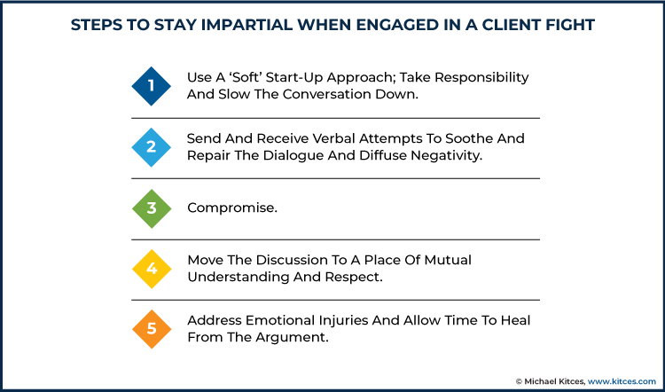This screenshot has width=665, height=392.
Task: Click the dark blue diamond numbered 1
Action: coord(152,86)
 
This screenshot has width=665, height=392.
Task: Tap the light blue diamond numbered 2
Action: coord(152,147)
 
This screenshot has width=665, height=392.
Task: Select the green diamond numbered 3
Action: coord(152,208)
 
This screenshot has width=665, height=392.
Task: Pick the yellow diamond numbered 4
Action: coord(152,269)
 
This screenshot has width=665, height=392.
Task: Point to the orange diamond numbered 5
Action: coord(152,329)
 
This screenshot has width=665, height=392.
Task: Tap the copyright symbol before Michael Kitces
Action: coord(519,381)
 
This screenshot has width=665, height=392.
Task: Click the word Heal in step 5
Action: coord(515,320)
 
